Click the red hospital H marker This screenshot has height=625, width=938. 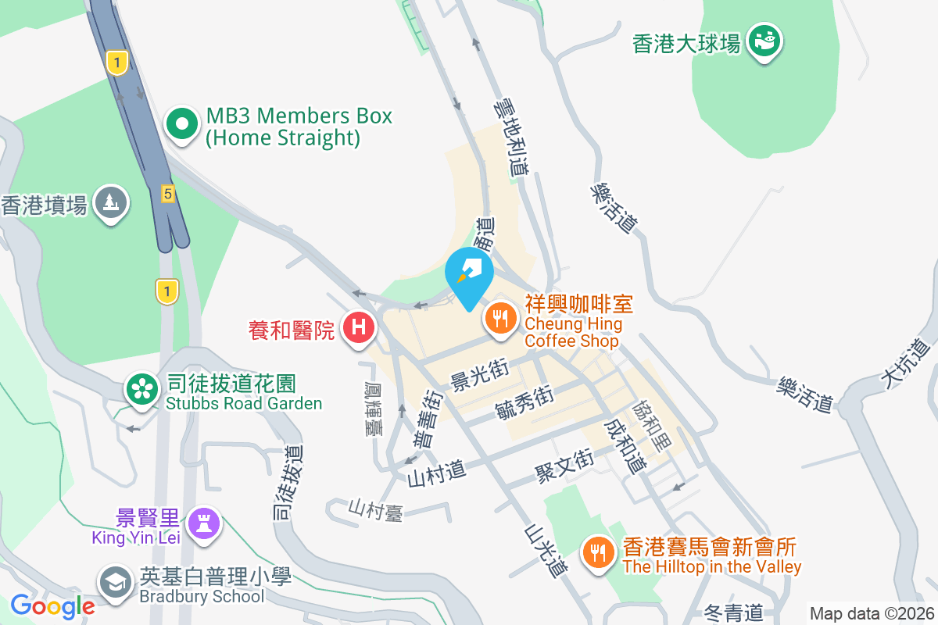[358, 327]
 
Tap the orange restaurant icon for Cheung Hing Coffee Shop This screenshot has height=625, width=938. [499, 318]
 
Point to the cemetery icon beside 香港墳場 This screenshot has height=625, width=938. [111, 202]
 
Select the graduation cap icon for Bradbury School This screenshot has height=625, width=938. [116, 582]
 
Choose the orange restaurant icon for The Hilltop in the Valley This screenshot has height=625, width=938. [599, 553]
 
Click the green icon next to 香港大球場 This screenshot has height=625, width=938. [763, 40]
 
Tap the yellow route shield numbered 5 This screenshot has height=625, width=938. [167, 193]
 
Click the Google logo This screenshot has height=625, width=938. [52, 605]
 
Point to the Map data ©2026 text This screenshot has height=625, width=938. [871, 613]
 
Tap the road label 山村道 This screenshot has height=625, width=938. [436, 472]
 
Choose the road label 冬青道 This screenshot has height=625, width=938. [732, 612]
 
